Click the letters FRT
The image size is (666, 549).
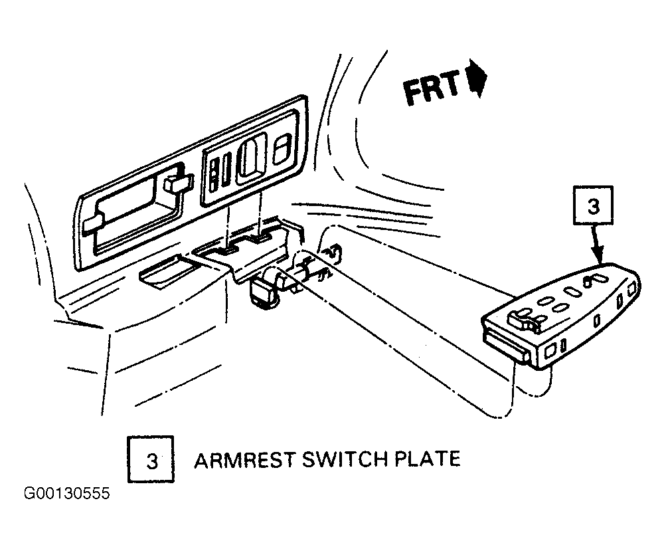point(432,88)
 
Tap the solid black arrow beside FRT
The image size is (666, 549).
point(477,78)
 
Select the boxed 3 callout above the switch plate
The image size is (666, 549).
point(593,205)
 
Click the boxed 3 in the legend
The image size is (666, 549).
point(151,459)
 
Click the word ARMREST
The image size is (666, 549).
point(244,460)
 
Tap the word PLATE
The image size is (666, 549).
point(428,459)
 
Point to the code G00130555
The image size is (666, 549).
point(66,494)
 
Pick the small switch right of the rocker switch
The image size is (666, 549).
point(282,148)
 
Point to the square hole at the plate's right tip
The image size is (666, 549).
point(631,289)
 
